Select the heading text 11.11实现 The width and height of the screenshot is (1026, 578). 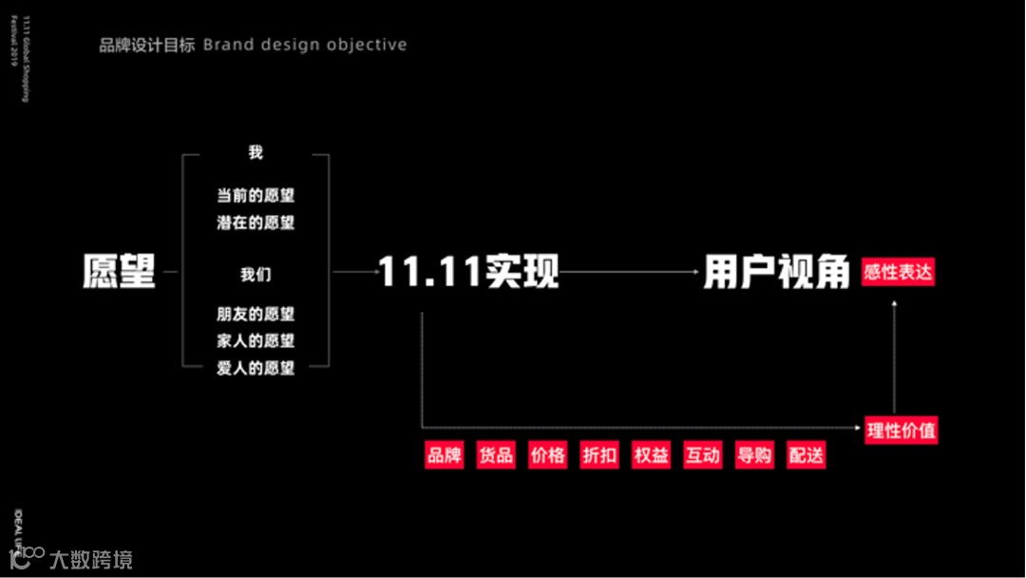coord(468,273)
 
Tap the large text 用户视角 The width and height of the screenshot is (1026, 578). coord(776,273)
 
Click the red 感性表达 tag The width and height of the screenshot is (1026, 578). coord(898,273)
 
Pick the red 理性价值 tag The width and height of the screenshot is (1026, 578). coord(901,431)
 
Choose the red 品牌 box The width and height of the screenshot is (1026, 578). coord(445,455)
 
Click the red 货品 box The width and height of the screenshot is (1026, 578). coord(496,455)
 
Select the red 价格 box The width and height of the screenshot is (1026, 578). coord(548,455)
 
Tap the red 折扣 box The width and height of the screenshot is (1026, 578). coord(599,455)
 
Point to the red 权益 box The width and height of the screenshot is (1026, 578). coord(651,455)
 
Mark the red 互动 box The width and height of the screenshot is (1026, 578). coord(703,455)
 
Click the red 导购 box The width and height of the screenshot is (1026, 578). coord(754,455)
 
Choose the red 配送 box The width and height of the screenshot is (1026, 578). coord(806,455)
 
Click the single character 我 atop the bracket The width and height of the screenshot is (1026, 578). coord(256,153)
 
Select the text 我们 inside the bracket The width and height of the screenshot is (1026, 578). coord(256,275)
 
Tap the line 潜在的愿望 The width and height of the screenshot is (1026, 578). coord(256,222)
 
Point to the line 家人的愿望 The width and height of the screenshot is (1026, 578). coord(256,340)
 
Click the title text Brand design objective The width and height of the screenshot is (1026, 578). coord(305,45)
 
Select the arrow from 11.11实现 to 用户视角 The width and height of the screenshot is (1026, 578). coord(629,273)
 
